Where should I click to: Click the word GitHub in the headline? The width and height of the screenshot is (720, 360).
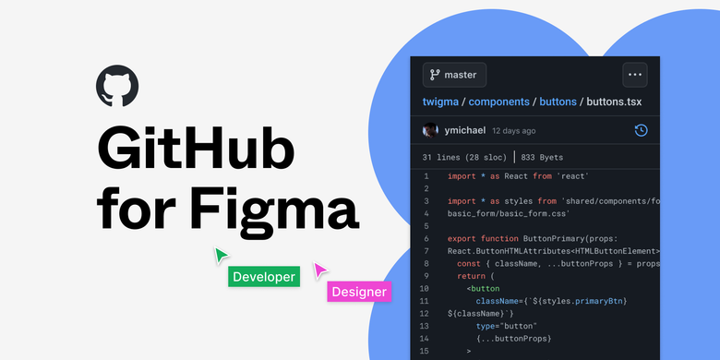click(x=197, y=147)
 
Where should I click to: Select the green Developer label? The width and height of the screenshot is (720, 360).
click(x=264, y=276)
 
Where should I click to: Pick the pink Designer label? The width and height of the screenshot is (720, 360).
click(x=359, y=292)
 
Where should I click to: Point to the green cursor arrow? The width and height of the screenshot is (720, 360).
click(x=222, y=254)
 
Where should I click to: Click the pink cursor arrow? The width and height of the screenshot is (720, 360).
click(x=319, y=270)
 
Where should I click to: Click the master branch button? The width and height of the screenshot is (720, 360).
click(x=454, y=75)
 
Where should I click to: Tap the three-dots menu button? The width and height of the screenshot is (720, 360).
click(x=633, y=75)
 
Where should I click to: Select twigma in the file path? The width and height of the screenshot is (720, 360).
click(x=446, y=102)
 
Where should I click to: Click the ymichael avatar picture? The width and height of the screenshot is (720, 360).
click(x=430, y=130)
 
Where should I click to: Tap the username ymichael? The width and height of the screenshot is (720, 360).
click(x=465, y=130)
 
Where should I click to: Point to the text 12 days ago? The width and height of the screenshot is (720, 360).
click(x=526, y=131)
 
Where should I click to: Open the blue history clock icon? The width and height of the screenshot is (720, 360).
click(x=641, y=130)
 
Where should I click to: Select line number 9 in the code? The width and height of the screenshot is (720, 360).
click(x=426, y=276)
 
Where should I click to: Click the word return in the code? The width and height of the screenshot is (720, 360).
click(x=473, y=276)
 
